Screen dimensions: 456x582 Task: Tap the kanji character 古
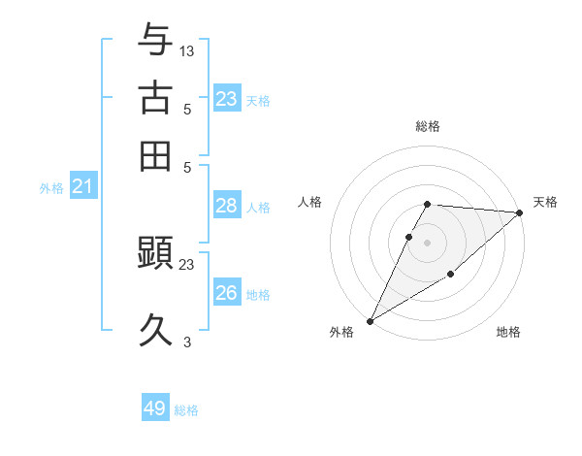pos(156,97)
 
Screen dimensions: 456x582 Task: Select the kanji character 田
pos(156,155)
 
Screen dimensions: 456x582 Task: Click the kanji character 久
pos(156,330)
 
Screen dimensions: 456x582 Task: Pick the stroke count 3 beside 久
pos(187,342)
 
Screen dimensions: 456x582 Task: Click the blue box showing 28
pos(226,206)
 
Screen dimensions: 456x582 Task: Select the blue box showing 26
pos(226,293)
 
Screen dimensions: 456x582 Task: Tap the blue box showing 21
pos(82,187)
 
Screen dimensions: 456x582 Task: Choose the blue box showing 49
pos(155,408)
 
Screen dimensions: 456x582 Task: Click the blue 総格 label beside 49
pos(186,410)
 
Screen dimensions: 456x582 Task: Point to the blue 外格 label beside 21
pos(51,189)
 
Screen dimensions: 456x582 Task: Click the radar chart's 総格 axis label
pos(427,126)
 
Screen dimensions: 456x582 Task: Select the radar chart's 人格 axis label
pos(310,202)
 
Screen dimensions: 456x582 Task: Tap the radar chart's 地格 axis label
pos(508,332)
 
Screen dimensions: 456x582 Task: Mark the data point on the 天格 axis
pos(520,212)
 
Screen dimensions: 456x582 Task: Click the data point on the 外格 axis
pos(370,321)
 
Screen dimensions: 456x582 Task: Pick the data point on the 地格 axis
pos(451,276)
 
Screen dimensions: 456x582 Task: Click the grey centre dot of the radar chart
pos(427,242)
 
